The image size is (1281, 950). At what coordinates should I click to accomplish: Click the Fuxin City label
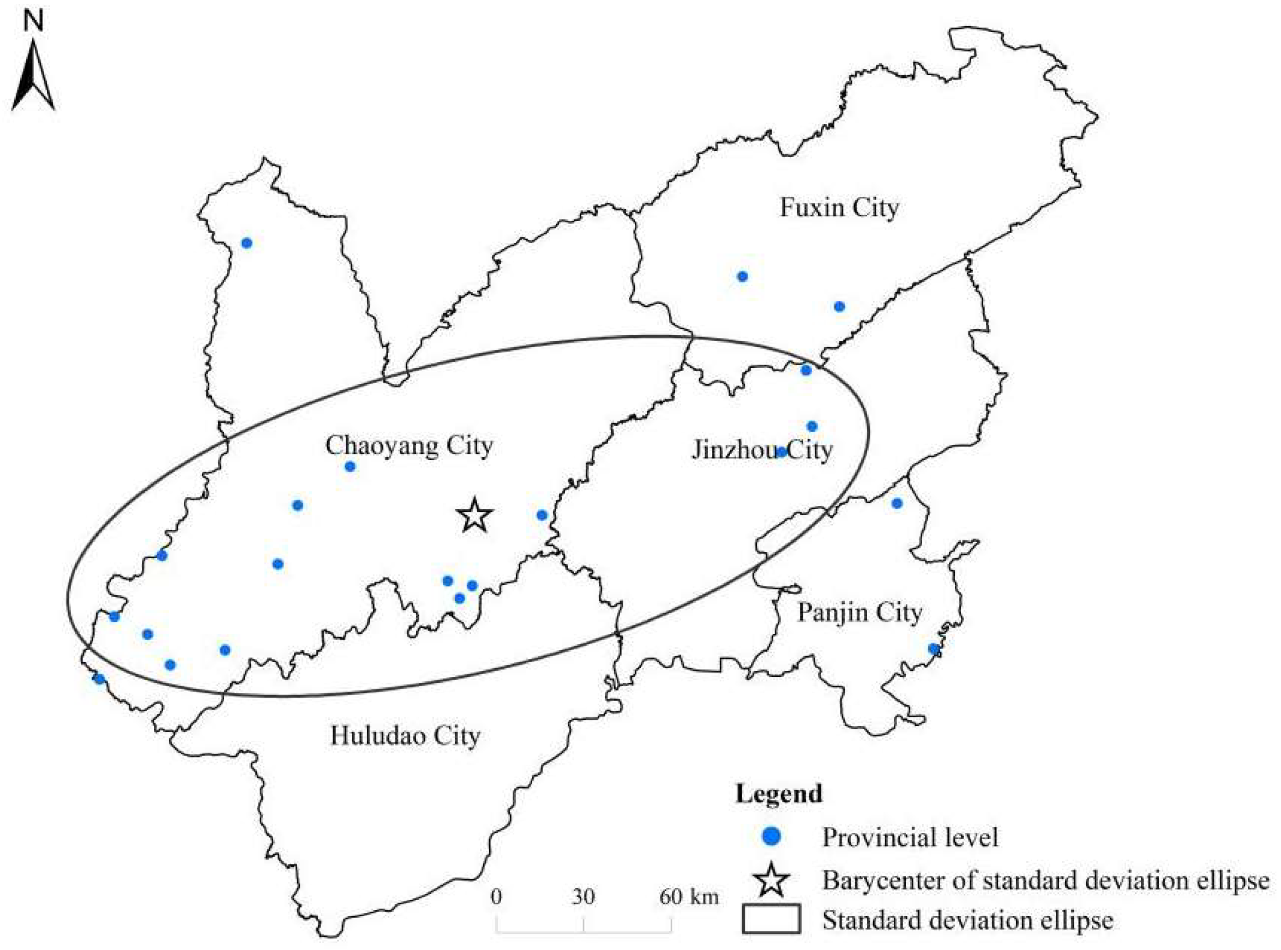point(839,208)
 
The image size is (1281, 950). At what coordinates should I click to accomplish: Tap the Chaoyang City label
point(409,446)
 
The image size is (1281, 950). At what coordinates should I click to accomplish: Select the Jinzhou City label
point(762,450)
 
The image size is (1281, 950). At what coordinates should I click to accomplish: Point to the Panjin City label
point(859,613)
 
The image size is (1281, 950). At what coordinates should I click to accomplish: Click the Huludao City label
point(405,736)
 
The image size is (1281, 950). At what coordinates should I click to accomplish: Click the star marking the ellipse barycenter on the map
point(474,516)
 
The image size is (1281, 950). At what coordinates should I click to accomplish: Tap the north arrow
point(33,75)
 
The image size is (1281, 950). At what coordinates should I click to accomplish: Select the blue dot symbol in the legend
point(771,837)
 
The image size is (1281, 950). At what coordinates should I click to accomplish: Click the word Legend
point(779,794)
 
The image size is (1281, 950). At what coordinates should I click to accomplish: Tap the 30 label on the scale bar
point(584,897)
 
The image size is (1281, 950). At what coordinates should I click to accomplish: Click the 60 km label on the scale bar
point(689,897)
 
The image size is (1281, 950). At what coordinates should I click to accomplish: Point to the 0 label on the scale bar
point(496,897)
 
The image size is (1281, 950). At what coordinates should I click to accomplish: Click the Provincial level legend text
point(910,837)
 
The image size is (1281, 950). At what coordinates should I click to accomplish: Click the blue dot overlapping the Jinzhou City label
point(781,452)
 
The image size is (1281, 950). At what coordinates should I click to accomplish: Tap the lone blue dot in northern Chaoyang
point(247,243)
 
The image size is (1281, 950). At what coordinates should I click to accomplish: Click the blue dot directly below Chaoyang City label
point(350,467)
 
